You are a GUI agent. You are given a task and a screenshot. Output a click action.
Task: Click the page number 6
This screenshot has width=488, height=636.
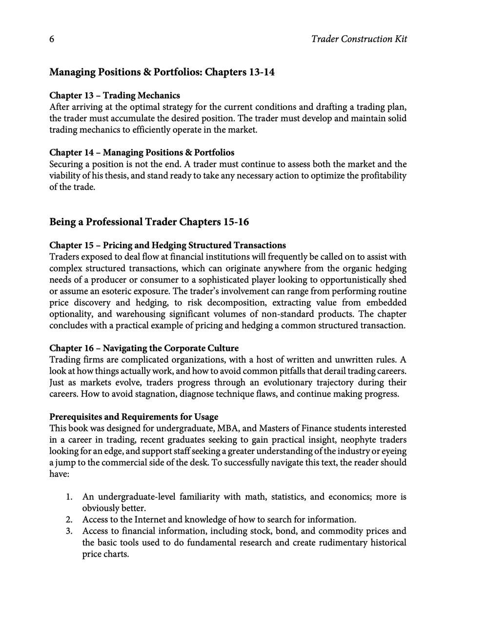click(x=52, y=40)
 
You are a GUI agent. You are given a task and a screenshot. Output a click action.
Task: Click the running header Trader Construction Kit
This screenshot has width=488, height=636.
click(x=359, y=39)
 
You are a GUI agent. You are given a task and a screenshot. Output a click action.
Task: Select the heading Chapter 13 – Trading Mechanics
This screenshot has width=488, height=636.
click(x=115, y=96)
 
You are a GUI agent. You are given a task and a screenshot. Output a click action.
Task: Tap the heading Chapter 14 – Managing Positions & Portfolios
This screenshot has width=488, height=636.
click(x=142, y=153)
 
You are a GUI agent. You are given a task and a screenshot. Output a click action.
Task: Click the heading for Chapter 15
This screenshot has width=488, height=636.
click(x=167, y=246)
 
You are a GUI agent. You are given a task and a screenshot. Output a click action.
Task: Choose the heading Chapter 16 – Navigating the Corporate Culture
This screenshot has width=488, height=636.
click(x=144, y=349)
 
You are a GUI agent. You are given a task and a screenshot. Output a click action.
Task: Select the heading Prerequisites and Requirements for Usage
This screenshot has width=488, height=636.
click(x=134, y=417)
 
